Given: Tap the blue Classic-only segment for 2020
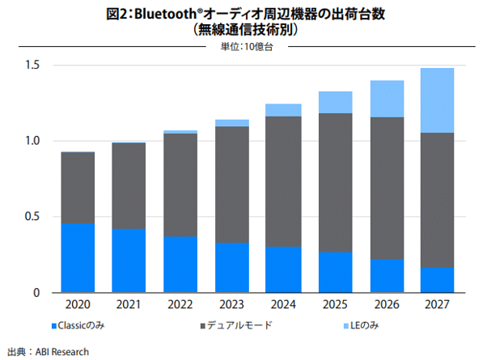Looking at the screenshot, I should (77, 257).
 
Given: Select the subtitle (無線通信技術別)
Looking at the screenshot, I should (243, 30).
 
